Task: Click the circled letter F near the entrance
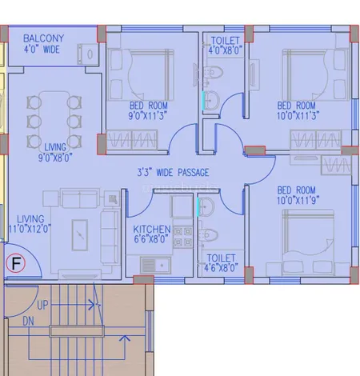tap(16, 263)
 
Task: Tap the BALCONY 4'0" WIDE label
tap(43, 44)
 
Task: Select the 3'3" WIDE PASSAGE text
tap(173, 172)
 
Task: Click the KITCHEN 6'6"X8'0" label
tap(152, 234)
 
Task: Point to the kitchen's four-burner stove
tap(183, 237)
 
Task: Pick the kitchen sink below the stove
tap(155, 266)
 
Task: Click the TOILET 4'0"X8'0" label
tap(226, 46)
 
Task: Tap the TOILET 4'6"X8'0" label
tap(221, 263)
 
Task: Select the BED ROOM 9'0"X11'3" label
tap(148, 110)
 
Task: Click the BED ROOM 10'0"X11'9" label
tap(298, 195)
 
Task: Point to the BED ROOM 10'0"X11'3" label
tap(298, 110)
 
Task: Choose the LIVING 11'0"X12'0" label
tap(30, 224)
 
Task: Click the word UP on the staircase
tap(42, 305)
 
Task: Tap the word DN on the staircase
tap(29, 322)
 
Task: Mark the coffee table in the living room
tap(80, 235)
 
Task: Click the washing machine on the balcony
tap(87, 54)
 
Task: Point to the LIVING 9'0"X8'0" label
tap(55, 152)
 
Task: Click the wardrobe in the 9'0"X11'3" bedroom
tap(132, 140)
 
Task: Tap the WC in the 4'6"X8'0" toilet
tap(208, 235)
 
